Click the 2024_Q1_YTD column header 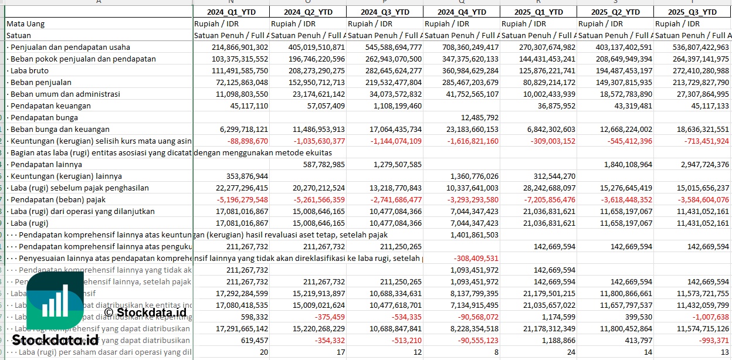tap(231, 12)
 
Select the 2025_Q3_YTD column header tap(692, 12)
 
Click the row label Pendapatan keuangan tap(50, 106)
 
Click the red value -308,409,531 tap(476, 258)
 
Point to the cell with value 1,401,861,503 tap(474, 235)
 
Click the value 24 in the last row tap(570, 352)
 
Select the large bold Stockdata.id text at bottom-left tap(55, 340)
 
